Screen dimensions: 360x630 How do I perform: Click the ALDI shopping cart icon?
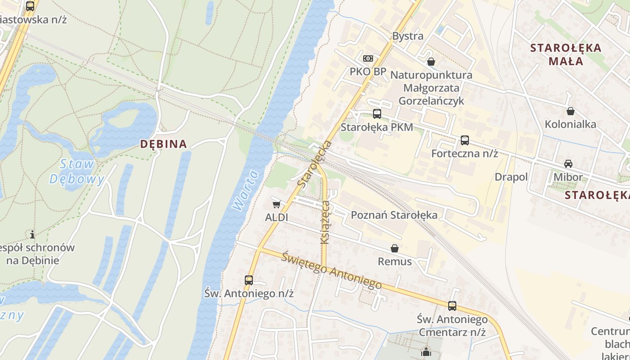coord(276,204)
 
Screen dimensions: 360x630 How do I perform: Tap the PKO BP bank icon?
coord(368,58)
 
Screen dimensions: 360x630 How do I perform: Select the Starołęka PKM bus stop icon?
coord(377,114)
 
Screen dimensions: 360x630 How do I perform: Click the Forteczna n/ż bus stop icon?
coord(465,140)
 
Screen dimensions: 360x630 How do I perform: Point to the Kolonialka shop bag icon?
coord(571,111)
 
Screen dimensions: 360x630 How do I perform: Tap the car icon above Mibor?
coord(568,164)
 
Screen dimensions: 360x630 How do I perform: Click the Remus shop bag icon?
coord(395,248)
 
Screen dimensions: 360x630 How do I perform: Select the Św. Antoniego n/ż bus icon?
coord(249,280)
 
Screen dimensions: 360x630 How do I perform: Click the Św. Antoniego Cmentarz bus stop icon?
coord(452,306)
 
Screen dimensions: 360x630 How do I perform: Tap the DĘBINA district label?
coord(163,144)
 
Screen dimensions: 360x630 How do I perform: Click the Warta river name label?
coord(246,189)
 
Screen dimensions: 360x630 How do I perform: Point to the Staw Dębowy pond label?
coord(76,171)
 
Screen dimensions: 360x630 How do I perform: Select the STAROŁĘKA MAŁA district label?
coord(566,54)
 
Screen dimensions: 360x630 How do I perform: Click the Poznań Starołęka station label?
coord(394,215)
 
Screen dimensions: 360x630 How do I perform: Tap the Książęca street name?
coord(325,223)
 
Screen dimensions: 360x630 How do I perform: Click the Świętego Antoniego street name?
coord(332,271)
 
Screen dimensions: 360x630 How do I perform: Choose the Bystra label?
coord(408,36)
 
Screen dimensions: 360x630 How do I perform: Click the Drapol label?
coord(511,177)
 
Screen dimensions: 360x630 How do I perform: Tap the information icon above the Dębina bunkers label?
coord(32,234)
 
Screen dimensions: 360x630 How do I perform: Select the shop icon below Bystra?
coord(431,62)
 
